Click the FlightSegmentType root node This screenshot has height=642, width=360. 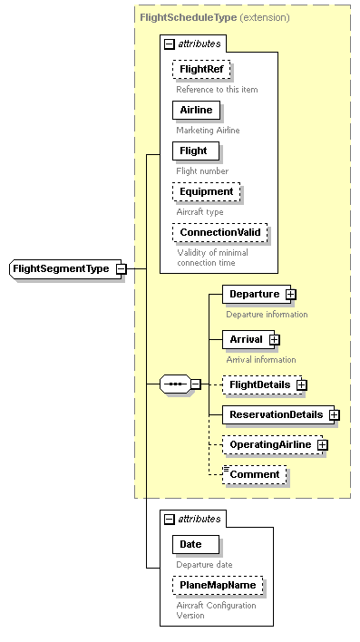tap(60, 268)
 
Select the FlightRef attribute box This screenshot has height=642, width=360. tap(201, 69)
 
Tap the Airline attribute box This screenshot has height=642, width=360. tap(196, 110)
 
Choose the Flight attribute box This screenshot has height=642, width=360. tap(194, 151)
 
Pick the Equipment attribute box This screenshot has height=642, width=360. tap(208, 192)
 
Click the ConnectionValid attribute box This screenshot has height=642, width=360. tap(220, 233)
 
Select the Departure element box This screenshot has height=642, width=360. tap(253, 295)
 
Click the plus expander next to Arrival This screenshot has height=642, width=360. tap(274, 340)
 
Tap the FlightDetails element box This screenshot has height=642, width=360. tap(259, 385)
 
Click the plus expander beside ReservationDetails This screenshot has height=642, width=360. tap(334, 415)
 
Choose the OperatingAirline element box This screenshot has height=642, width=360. tap(269, 445)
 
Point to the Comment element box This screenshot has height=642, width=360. tap(256, 475)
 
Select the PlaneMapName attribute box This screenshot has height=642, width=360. tap(219, 586)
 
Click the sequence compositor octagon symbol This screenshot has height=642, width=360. tap(174, 384)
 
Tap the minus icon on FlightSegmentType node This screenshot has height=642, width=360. tap(121, 268)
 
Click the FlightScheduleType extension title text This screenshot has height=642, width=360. tap(215, 17)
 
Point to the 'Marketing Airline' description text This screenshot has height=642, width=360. tap(209, 130)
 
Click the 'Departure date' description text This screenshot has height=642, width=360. tap(204, 564)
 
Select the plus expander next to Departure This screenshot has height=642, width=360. tap(290, 295)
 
